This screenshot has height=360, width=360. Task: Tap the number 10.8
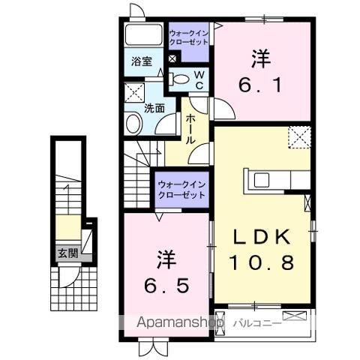262,263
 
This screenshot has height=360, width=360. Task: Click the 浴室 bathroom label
142,62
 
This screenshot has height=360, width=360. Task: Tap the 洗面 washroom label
154,107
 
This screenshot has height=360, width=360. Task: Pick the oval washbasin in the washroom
133,125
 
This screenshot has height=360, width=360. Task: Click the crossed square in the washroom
134,93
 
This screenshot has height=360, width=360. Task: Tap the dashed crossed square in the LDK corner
300,138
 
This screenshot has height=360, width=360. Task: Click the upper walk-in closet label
190,37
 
